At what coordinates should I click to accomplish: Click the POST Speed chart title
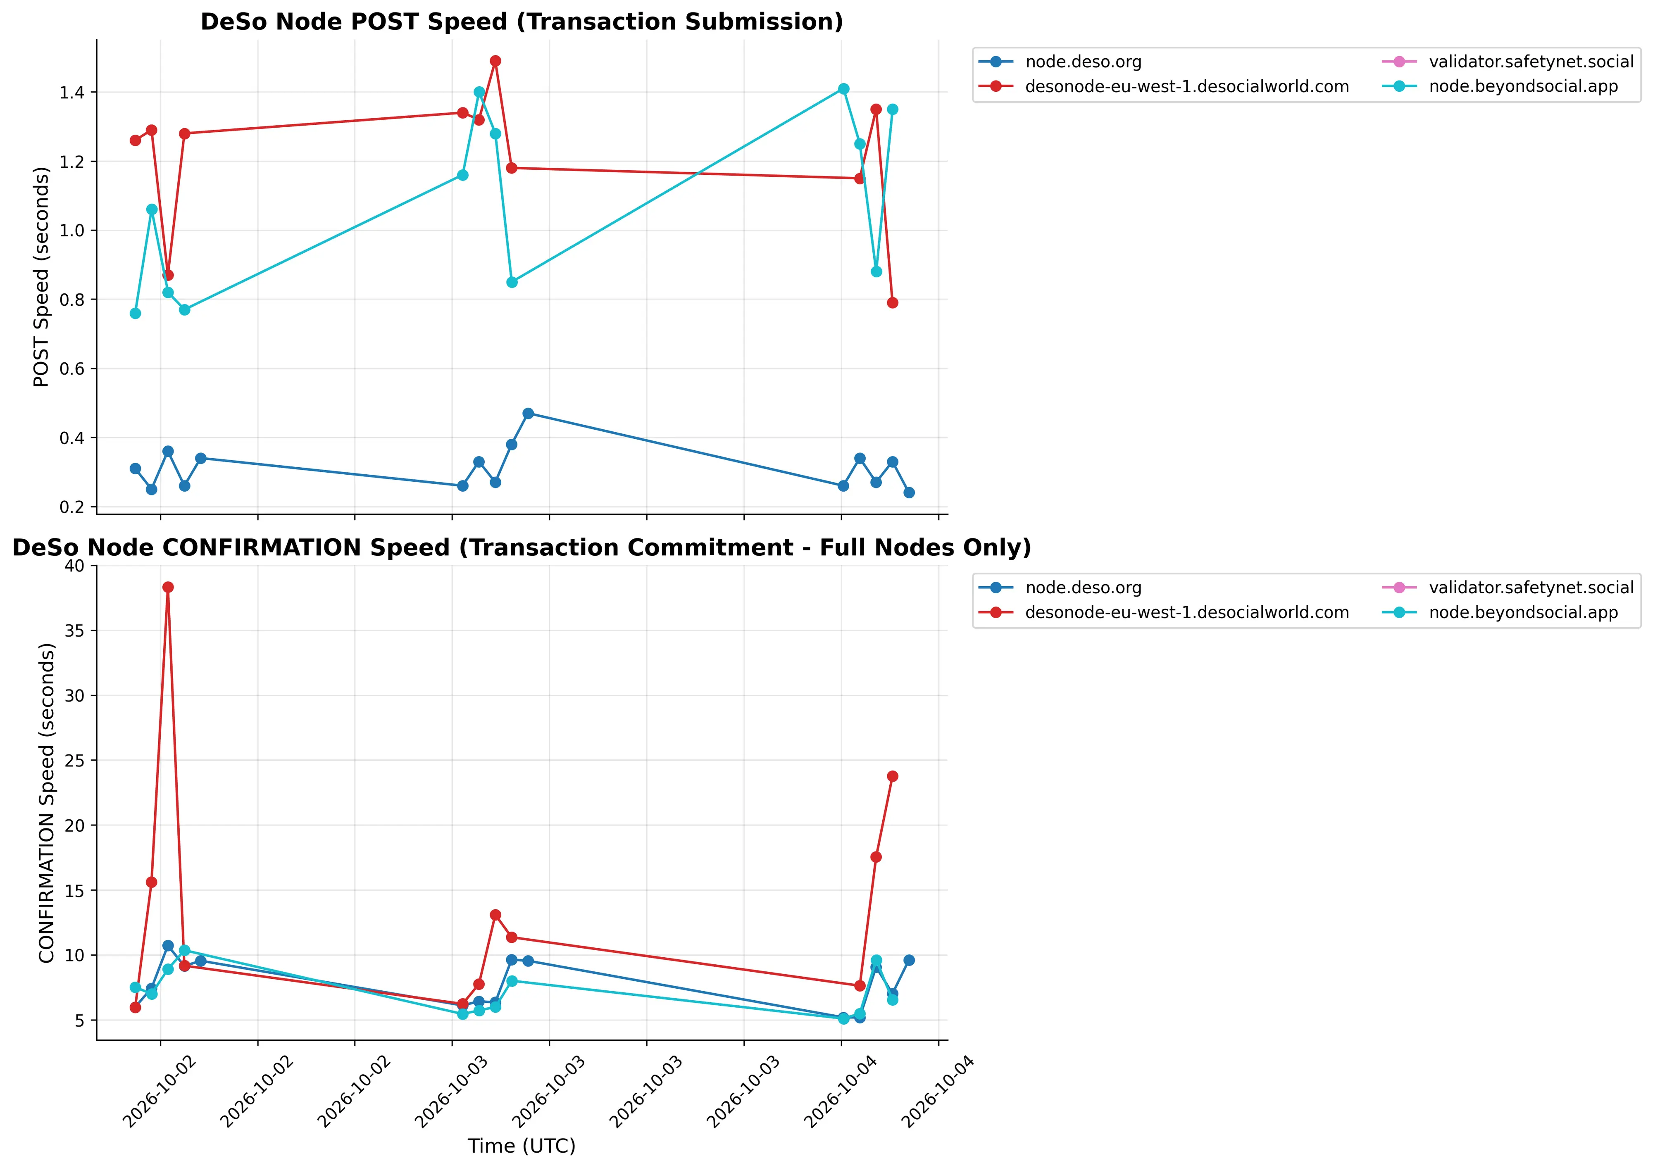(522, 21)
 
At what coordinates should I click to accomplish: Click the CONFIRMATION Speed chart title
(522, 548)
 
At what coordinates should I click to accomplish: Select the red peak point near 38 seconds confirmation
(168, 587)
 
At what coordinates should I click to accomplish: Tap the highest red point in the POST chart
(495, 61)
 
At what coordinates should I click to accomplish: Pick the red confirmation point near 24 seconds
(893, 776)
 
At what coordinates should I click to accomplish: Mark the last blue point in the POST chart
(909, 493)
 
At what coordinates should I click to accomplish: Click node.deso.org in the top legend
(1084, 62)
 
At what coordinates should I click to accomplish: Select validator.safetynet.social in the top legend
(1532, 62)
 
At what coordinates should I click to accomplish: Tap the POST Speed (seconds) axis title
(42, 277)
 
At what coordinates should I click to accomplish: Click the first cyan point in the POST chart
(136, 314)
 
